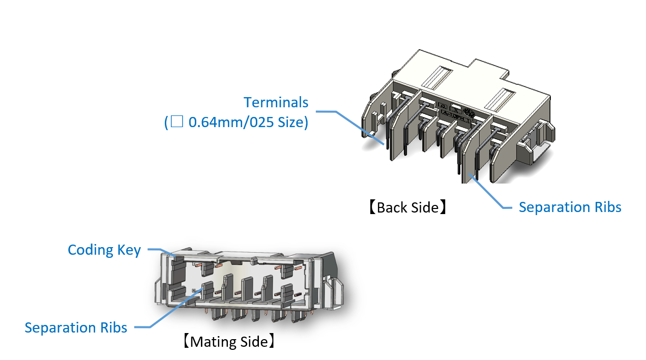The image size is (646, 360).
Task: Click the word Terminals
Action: point(276,102)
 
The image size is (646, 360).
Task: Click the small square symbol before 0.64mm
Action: point(177,123)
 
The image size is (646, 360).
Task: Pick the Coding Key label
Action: point(104,250)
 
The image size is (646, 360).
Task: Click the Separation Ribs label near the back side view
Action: point(570,207)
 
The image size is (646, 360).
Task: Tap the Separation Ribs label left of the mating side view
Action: point(76,327)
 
